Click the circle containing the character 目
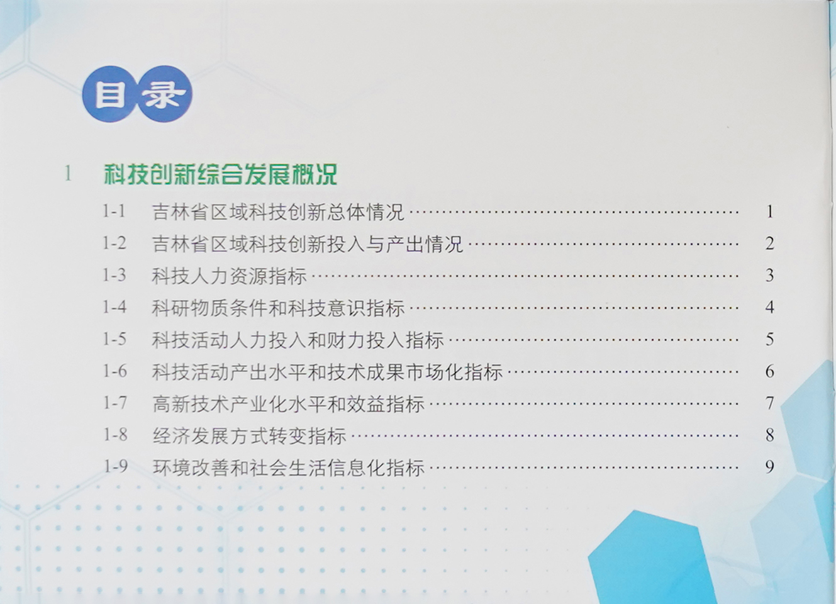[109, 95]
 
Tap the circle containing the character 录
[165, 94]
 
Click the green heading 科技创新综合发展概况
[221, 174]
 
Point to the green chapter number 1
[68, 173]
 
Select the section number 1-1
[114, 211]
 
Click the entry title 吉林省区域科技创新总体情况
[278, 212]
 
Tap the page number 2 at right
[769, 243]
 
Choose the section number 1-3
[114, 275]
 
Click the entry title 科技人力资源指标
[229, 276]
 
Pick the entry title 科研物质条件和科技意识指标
[278, 308]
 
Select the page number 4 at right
[769, 307]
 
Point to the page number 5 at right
[769, 339]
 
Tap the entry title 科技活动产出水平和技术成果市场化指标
[327, 372]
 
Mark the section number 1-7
[115, 403]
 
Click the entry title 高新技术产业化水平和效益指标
[289, 404]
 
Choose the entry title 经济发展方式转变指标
[249, 435]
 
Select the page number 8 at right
[769, 435]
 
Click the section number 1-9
[115, 466]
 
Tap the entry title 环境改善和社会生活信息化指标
[289, 467]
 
